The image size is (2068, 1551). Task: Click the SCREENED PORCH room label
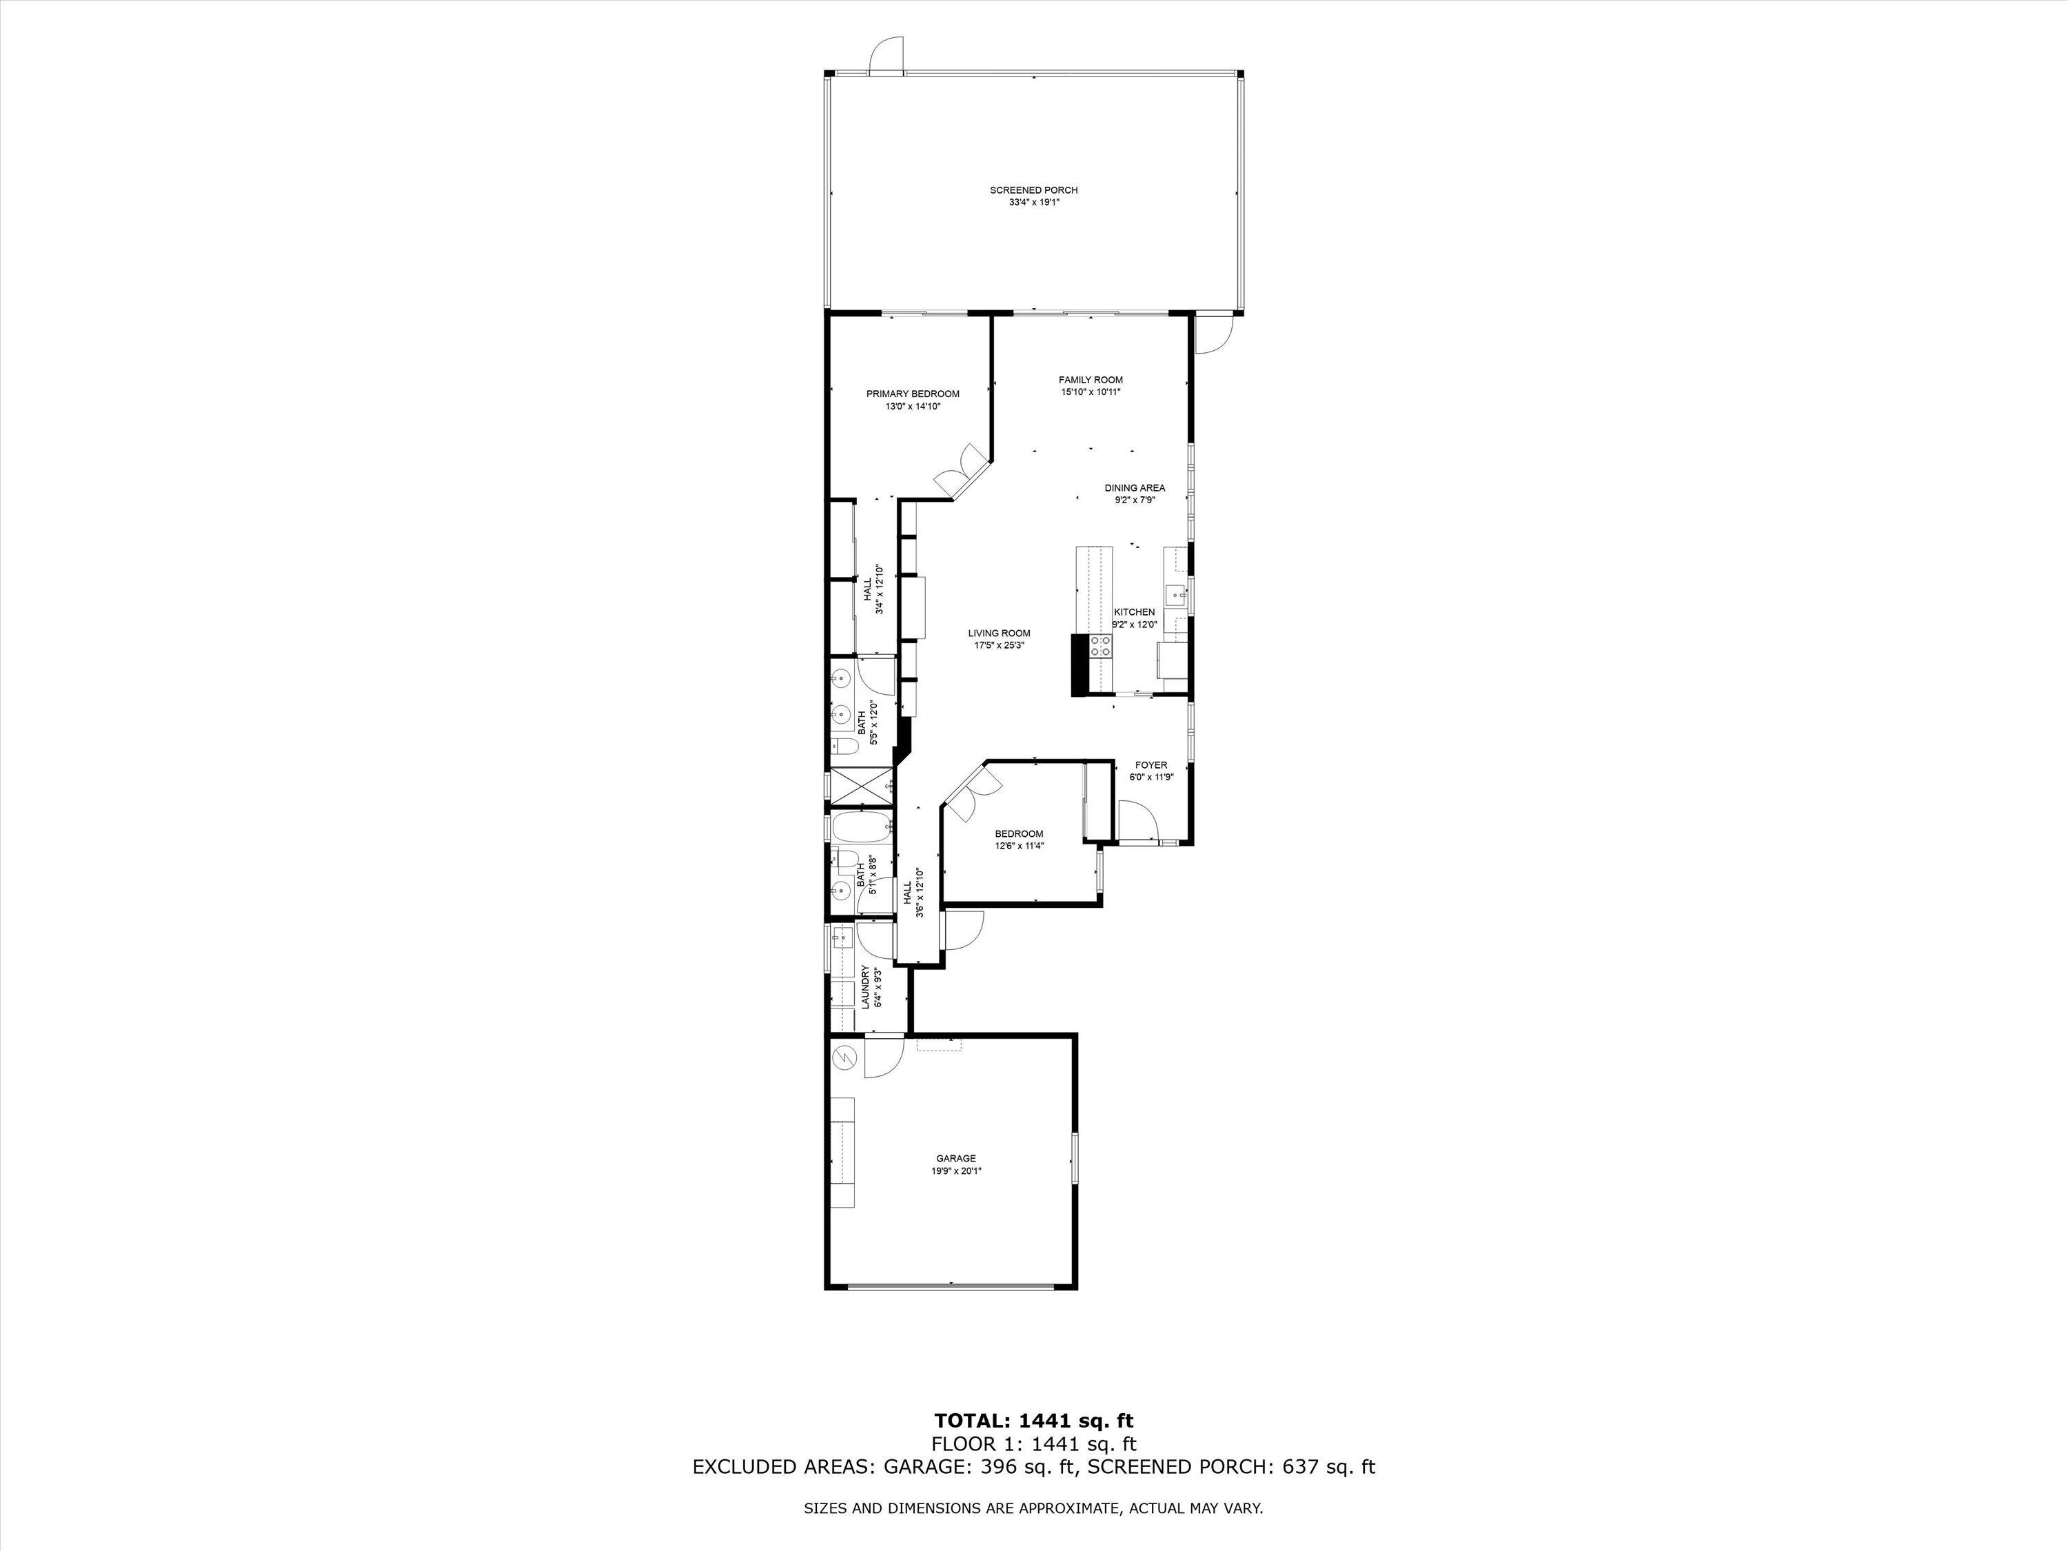(1033, 190)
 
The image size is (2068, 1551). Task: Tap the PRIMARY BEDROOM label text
(913, 394)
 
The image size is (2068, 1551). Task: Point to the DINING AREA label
(1134, 488)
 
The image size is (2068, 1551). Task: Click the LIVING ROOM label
(998, 633)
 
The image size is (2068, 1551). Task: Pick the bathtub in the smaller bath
(858, 827)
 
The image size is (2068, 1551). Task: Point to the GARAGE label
(955, 1158)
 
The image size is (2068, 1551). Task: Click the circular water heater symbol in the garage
(844, 1057)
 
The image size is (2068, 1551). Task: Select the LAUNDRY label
(865, 987)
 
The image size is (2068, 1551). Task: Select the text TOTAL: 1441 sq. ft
(1033, 1420)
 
